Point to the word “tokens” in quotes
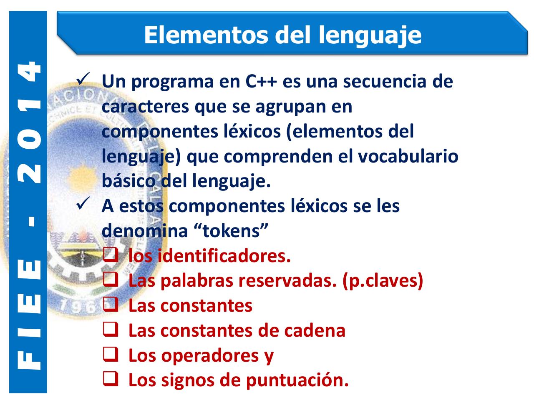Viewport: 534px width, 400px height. click(231, 231)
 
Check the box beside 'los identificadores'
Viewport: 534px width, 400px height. click(109, 255)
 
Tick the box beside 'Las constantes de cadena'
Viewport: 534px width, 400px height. click(109, 330)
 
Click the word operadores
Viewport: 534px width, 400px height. click(209, 356)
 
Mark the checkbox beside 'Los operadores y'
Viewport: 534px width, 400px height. click(109, 355)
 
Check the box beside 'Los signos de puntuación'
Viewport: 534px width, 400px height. click(109, 380)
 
